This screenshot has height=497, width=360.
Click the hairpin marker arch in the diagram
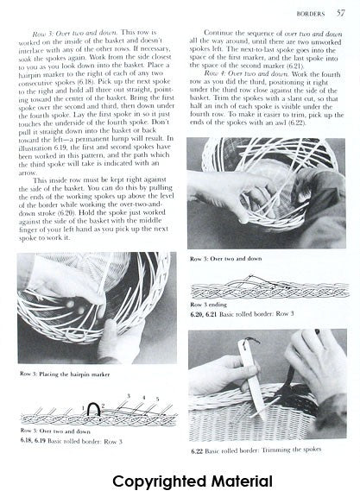(x=90, y=406)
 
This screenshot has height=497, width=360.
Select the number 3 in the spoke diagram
(x=127, y=395)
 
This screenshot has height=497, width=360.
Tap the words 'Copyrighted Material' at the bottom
(x=180, y=480)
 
